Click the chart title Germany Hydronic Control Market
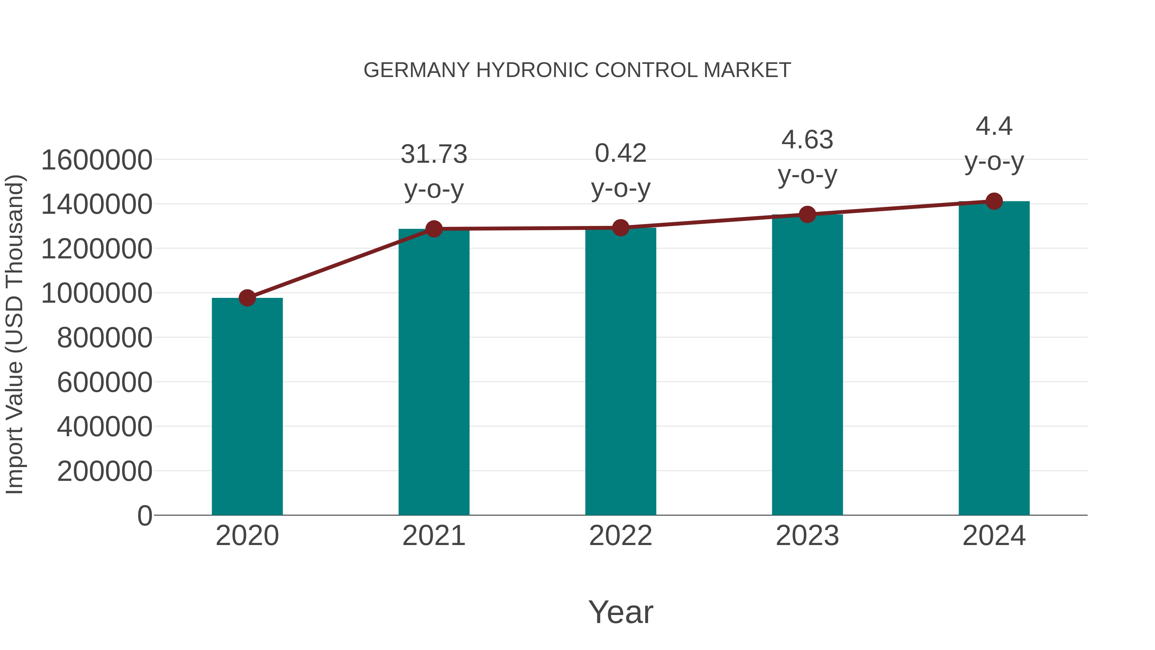tap(577, 70)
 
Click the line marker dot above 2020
tap(247, 298)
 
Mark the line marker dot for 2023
tap(807, 214)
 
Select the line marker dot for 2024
tap(994, 201)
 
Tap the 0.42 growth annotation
tap(620, 153)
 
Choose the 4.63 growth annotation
tap(807, 140)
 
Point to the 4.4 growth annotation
tap(994, 126)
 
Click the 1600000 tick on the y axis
tap(96, 160)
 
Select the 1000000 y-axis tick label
tap(96, 293)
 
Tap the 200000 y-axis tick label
tap(105, 472)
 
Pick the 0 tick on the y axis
tap(145, 516)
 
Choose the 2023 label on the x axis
tap(807, 536)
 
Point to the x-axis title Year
tap(620, 612)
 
